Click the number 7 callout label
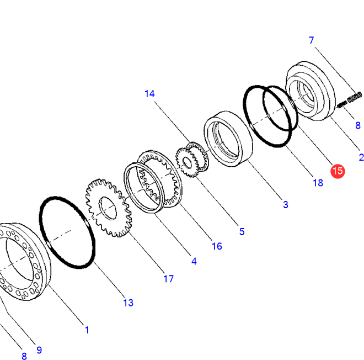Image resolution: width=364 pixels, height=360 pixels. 311,40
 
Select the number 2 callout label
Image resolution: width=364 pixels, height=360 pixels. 361,157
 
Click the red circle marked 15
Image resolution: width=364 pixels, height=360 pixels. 337,171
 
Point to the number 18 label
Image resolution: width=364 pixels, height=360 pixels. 318,183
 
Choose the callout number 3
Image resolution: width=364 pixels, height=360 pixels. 285,205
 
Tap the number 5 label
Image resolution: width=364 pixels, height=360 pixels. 242,232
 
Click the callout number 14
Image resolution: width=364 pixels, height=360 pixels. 150,94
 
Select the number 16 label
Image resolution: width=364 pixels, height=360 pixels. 217,246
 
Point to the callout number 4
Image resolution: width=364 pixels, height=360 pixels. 194,261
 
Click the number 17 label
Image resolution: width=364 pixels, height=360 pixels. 168,279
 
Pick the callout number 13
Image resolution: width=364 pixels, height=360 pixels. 128,303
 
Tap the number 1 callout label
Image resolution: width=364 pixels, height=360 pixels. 87,330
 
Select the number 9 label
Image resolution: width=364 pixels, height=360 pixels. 39,350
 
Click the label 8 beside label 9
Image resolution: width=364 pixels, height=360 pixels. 24,356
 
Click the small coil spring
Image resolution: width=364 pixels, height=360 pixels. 349,100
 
